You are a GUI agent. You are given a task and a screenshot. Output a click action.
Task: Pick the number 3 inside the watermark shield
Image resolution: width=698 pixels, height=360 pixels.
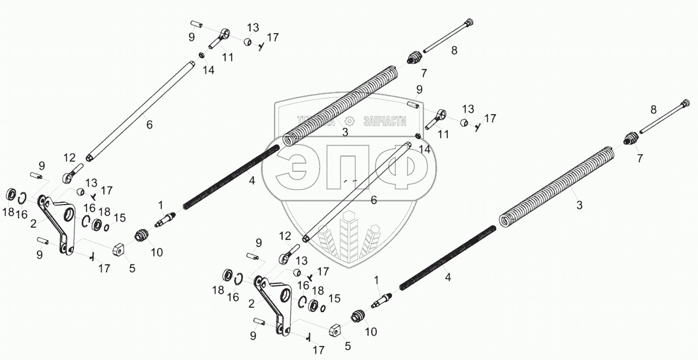[x=344, y=132]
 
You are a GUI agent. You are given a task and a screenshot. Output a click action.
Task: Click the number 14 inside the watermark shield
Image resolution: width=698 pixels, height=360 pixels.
[x=425, y=148]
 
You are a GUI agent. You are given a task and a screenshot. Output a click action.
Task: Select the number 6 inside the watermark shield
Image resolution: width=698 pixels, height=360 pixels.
[x=373, y=200]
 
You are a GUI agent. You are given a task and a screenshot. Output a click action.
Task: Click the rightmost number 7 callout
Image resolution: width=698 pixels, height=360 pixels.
[x=640, y=159]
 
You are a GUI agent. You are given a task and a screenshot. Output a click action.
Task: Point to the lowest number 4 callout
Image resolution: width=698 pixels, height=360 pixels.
[x=448, y=277]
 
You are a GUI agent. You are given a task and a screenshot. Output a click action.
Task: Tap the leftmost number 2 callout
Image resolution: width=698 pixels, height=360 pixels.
[x=34, y=224]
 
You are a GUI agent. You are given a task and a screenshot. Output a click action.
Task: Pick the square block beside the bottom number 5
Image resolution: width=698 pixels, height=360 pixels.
[x=334, y=330]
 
